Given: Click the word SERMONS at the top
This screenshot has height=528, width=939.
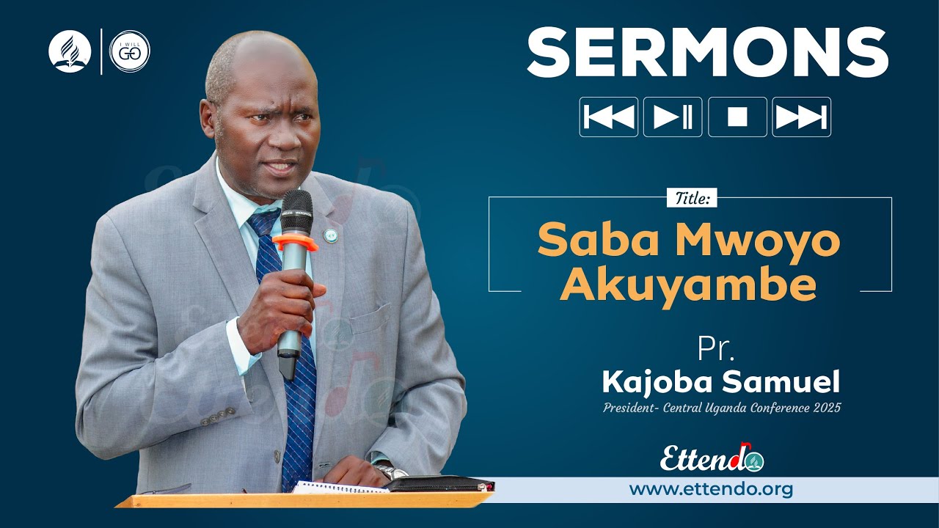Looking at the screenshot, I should point(707,53).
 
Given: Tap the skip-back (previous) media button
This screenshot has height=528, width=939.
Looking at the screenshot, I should point(608,117).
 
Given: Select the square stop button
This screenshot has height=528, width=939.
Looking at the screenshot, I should point(737,117).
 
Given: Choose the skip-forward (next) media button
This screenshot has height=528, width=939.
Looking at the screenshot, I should point(801,117).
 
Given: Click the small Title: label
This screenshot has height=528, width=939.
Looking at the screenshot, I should point(692,198).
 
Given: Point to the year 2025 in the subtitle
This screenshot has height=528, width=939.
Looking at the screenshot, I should point(827,408).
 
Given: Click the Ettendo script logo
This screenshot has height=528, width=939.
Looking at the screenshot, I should point(712,458).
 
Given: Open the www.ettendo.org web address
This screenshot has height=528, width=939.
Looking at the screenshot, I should point(711,489).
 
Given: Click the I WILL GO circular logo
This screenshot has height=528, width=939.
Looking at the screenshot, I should point(130,51).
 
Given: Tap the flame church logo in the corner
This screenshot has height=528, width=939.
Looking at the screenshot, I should point(70,51).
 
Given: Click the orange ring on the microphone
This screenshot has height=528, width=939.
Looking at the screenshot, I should point(295,243).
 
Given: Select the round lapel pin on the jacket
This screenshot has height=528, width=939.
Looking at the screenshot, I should point(330,235).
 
